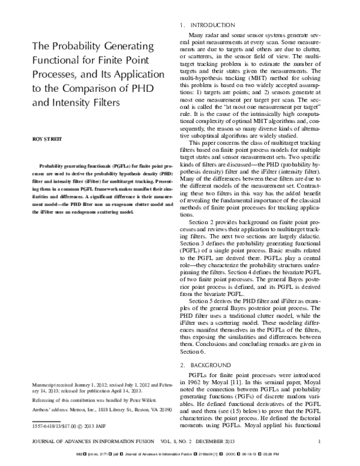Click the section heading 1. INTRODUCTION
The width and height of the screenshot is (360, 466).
tap(208, 25)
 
